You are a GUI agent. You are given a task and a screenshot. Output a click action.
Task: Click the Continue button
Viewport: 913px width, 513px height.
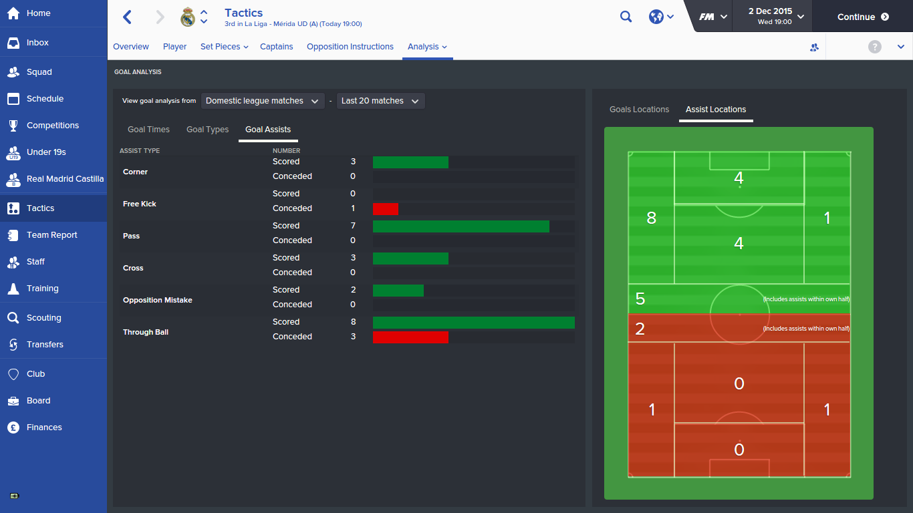(x=862, y=17)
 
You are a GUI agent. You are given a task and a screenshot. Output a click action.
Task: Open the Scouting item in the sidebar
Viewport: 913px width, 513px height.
(x=44, y=318)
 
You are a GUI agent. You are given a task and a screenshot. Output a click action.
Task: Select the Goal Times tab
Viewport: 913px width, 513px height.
(x=148, y=130)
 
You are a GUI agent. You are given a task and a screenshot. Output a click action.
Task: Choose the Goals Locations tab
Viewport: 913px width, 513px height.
(x=639, y=110)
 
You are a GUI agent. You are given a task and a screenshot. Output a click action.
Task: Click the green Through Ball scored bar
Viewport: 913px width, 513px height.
(x=473, y=323)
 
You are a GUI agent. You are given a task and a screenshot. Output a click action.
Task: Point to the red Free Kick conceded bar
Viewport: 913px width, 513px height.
(x=386, y=209)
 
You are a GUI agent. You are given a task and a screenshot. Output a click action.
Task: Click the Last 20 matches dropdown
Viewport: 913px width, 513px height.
(x=380, y=101)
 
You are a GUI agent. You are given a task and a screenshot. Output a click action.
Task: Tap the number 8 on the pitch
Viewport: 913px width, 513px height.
(x=652, y=218)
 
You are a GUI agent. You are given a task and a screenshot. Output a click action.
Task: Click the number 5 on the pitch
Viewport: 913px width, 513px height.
(x=640, y=299)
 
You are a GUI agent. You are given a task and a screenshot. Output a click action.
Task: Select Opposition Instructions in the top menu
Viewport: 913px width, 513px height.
(x=350, y=47)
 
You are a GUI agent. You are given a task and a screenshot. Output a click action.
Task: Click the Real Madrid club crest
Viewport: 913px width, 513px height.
(x=188, y=17)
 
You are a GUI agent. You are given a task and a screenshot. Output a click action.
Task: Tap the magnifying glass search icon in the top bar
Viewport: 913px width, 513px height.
(x=626, y=17)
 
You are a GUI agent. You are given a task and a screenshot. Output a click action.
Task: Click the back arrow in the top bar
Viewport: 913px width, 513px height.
(x=128, y=17)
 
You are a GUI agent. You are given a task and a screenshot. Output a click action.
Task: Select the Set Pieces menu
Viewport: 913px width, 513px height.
(x=224, y=47)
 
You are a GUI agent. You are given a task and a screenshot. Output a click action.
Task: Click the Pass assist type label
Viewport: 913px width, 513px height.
(x=131, y=236)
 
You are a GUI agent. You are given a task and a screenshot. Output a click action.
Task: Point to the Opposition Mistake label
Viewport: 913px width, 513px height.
(x=157, y=300)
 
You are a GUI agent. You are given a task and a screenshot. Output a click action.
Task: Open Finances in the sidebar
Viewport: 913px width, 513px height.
(x=44, y=427)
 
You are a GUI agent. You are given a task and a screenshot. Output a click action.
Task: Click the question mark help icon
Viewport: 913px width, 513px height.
(x=874, y=47)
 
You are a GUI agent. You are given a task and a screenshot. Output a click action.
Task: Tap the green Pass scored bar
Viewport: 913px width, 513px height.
(x=461, y=226)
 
